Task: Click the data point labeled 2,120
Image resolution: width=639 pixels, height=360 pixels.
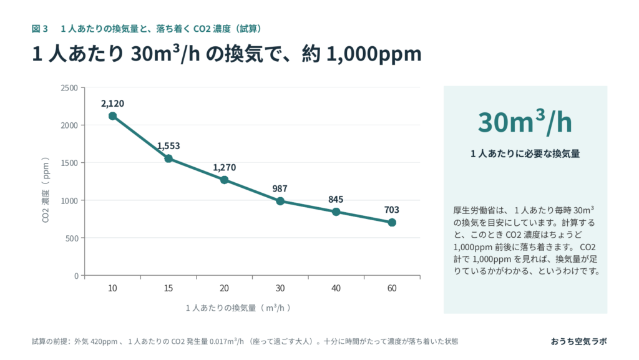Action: [112, 116]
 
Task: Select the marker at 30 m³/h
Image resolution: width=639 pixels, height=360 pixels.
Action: [280, 201]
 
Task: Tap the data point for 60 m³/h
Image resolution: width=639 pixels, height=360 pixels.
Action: [392, 222]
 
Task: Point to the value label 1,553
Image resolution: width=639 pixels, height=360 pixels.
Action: [168, 146]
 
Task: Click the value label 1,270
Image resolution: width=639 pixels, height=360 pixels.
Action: [224, 167]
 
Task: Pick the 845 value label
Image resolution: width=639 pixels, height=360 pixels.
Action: [336, 199]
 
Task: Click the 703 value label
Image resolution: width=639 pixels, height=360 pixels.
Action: [392, 210]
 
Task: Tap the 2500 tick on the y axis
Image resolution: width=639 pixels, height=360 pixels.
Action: [69, 88]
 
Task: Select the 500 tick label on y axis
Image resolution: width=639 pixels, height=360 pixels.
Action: [72, 238]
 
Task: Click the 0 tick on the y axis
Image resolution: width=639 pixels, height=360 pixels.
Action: [76, 276]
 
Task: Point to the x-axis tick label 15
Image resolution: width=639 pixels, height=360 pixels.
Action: [168, 288]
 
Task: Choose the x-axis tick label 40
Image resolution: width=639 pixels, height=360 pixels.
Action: [336, 288]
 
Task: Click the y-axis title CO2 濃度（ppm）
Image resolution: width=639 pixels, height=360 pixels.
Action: [46, 190]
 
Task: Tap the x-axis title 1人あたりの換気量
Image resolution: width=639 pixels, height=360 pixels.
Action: [221, 308]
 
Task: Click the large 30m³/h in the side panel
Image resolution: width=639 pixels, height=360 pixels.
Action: [525, 122]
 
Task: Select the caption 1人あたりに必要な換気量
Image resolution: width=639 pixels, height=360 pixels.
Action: [525, 153]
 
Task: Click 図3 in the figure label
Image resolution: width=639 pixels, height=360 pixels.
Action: [40, 29]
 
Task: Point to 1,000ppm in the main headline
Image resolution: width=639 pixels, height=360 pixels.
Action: [374, 54]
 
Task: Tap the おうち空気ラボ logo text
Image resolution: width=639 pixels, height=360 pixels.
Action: [578, 341]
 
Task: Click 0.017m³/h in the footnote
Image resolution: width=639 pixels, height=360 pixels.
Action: [226, 341]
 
